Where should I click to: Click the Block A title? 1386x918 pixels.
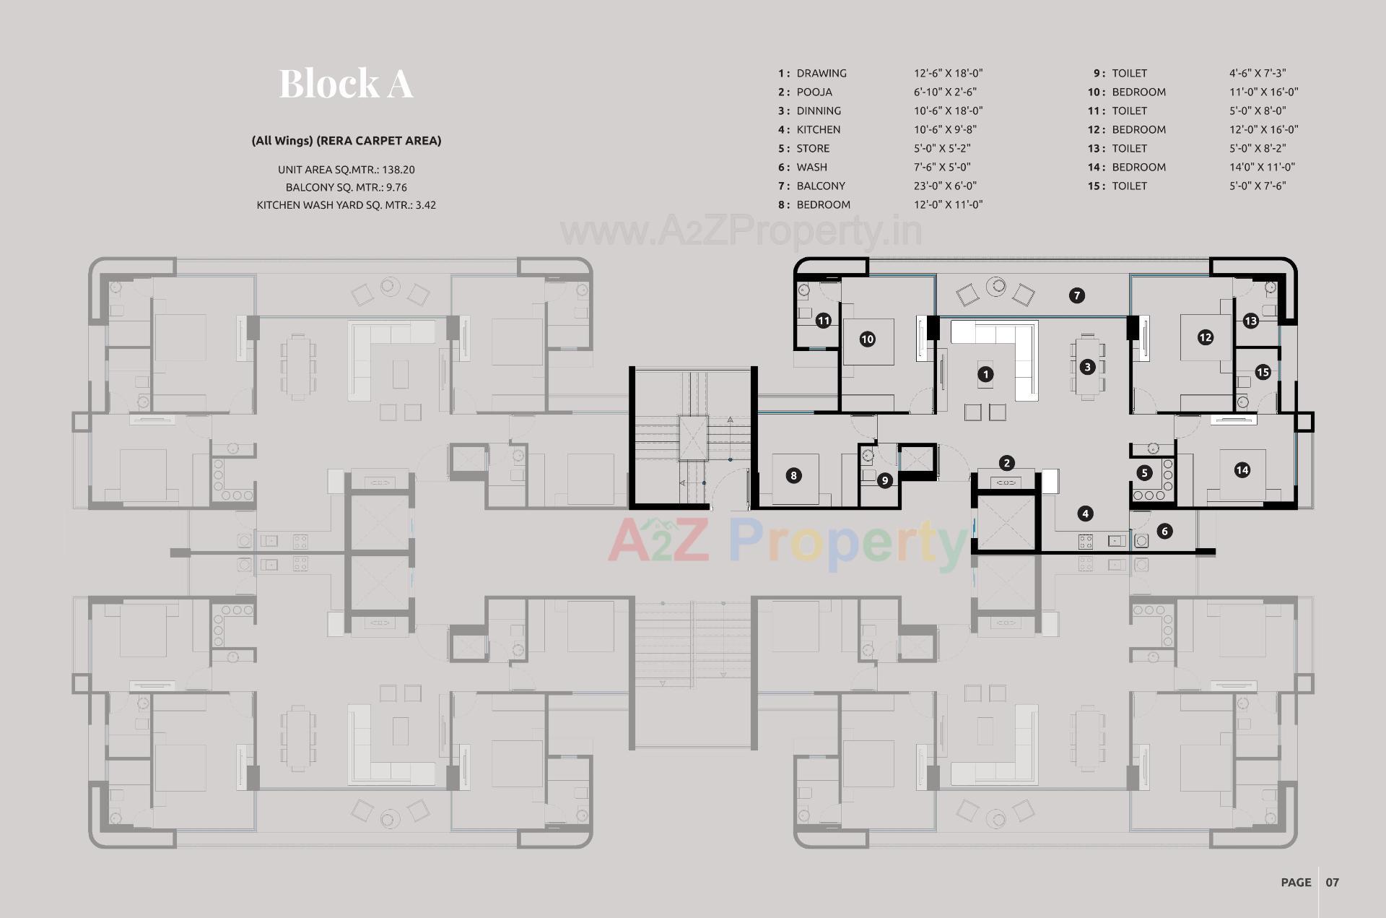click(346, 83)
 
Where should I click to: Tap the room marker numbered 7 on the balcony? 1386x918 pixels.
click(1076, 295)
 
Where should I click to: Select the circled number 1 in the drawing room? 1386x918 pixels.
click(985, 374)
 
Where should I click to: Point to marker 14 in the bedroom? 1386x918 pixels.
click(1242, 470)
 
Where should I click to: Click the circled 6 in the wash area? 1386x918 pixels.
click(1164, 532)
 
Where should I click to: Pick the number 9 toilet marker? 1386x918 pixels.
click(885, 480)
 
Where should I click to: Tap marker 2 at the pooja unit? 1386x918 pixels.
click(1007, 463)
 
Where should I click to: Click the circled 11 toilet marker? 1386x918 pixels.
click(824, 321)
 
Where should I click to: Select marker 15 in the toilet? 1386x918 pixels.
click(1263, 372)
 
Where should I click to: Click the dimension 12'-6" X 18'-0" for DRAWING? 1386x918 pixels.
click(948, 73)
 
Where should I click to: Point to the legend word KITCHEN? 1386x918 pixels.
click(818, 129)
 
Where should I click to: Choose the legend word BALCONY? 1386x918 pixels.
click(821, 186)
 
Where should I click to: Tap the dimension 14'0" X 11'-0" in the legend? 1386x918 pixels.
click(1262, 167)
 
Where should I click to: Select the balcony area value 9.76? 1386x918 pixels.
click(396, 187)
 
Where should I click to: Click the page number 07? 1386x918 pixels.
click(1332, 882)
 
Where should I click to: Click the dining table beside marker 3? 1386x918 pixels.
click(1087, 367)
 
